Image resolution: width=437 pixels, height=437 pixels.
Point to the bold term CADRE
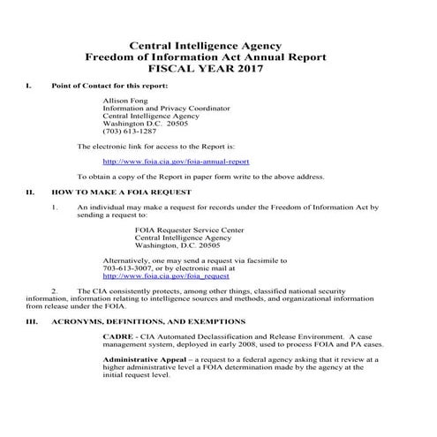pos(118,336)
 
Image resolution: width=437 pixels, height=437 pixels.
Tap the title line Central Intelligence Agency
pos(218,44)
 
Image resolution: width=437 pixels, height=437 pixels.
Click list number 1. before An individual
pos(56,206)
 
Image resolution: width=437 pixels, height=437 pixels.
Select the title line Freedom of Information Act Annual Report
pos(218,57)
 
